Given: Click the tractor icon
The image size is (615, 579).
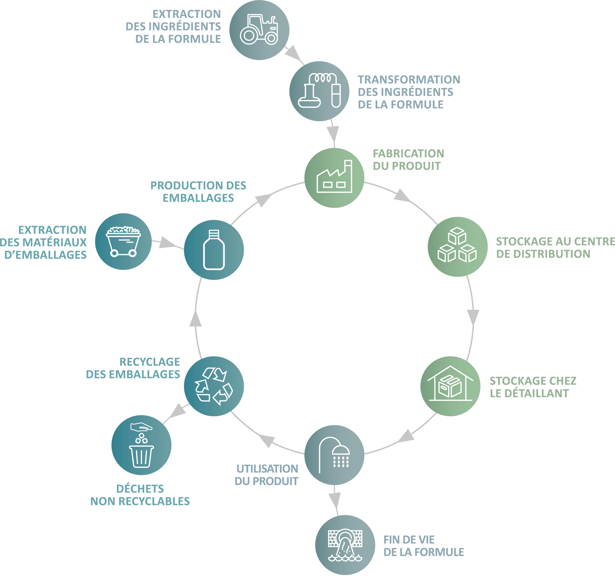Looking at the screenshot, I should (259, 29).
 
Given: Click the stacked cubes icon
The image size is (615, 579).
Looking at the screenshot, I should (457, 245).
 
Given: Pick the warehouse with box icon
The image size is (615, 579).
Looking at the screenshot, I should (450, 385).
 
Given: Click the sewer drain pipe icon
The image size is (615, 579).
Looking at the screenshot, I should (345, 545).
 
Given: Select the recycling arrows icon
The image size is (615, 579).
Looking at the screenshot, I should (214, 386).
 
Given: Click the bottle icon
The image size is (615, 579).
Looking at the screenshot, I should (214, 250).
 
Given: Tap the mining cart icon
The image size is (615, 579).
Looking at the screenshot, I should (123, 241).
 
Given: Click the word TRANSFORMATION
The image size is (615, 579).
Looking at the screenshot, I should (409, 79).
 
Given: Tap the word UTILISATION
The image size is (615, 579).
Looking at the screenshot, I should (267, 469).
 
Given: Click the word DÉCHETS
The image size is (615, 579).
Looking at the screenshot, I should (140, 489).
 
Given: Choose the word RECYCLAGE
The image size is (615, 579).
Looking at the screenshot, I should (150, 362).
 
